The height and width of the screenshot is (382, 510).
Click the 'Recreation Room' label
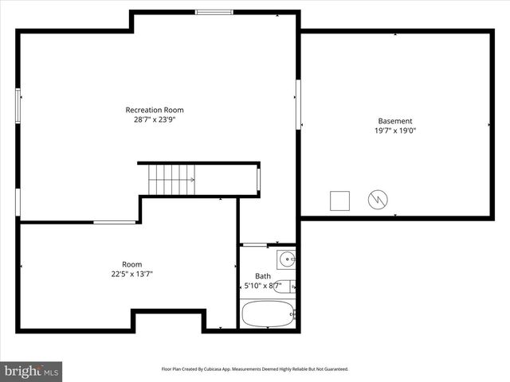[159, 110]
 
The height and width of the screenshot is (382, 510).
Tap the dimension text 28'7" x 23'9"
[159, 120]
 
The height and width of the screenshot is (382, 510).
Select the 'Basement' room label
[395, 121]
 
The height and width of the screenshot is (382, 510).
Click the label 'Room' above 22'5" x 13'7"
[132, 264]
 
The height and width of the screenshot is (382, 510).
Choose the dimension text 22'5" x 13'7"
[132, 274]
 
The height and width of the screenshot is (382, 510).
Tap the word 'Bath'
[262, 276]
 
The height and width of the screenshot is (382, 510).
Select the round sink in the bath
[287, 258]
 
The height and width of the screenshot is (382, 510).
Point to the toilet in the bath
[285, 286]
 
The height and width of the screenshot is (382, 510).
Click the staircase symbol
[170, 180]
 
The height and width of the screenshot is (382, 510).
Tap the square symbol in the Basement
[340, 200]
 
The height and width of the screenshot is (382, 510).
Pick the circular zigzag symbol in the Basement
[377, 199]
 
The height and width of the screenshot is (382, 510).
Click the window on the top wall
[214, 12]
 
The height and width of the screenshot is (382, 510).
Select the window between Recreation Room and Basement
[299, 102]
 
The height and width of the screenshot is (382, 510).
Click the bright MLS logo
[32, 371]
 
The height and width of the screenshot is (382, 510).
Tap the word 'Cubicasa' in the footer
[220, 369]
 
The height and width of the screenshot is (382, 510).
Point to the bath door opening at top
[255, 244]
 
